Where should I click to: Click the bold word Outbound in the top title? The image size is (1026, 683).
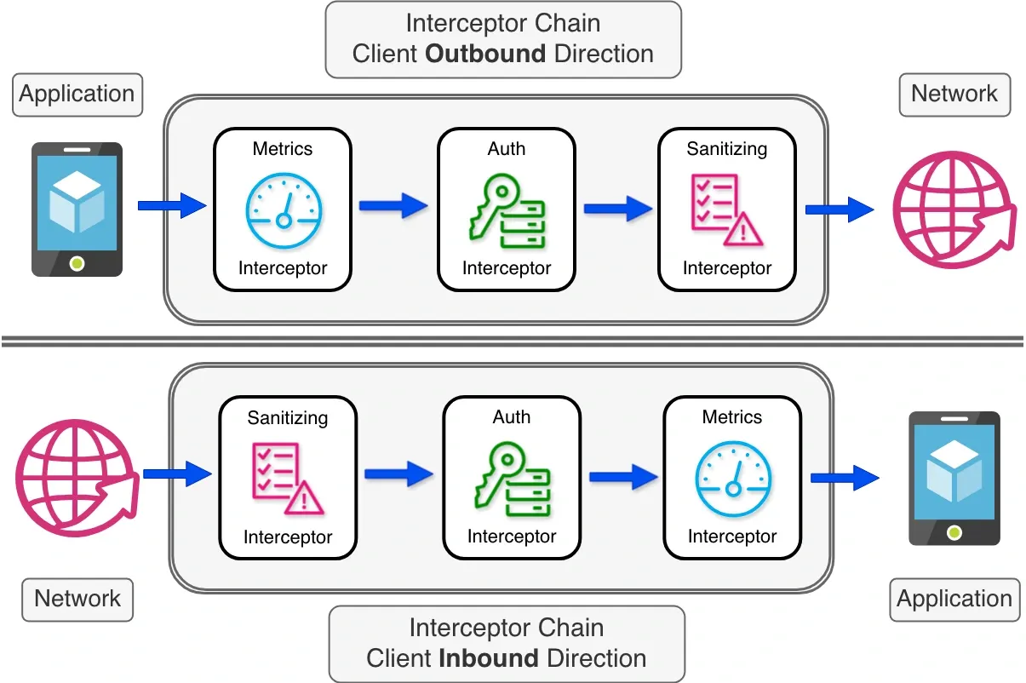pos(485,54)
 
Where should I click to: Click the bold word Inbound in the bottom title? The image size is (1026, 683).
pos(489,658)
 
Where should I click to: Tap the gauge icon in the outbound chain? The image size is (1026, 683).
pos(284,209)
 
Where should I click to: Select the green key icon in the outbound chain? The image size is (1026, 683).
pos(507,209)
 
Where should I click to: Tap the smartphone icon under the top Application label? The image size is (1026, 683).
pos(77,209)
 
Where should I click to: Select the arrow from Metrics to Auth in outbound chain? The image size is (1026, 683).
pos(393,205)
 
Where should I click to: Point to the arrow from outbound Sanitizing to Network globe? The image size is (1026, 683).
pos(840,209)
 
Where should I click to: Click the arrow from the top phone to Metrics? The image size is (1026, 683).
pos(172,205)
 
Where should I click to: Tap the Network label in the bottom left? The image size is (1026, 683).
pos(77,599)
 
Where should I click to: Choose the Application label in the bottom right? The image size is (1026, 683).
pos(954,599)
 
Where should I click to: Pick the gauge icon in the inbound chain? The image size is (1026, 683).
pos(732,477)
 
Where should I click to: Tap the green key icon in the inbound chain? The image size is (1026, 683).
pos(512,477)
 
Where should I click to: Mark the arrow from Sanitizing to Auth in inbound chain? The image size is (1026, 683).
pos(398,474)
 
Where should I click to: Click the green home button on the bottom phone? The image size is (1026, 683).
pos(954,532)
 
